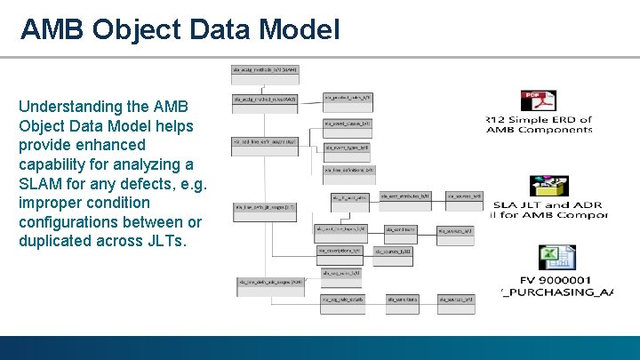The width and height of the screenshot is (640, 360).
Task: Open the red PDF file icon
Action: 538,100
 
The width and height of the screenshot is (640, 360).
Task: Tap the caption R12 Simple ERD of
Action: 539,119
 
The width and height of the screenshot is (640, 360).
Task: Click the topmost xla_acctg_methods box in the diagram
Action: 265,68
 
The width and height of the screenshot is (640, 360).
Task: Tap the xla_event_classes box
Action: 348,124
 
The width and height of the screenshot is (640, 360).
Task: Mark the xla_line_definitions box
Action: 348,169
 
